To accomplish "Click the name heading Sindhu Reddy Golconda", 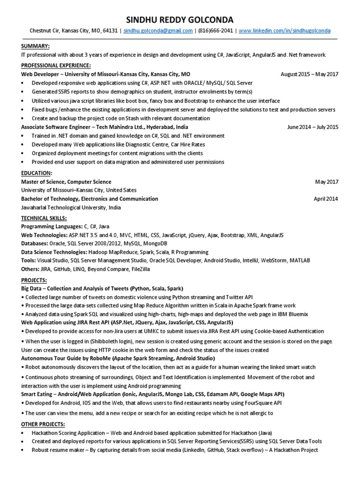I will click(180, 19).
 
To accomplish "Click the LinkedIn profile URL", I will click(284, 31).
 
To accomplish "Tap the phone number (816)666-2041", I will click(216, 31).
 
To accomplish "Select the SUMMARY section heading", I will click(35, 45).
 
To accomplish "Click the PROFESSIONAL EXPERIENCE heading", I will click(56, 65).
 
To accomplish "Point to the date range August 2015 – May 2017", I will click(309, 74).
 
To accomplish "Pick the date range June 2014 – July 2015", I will click(313, 127).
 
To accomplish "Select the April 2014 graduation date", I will click(326, 199).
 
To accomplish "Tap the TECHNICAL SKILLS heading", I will click(44, 218).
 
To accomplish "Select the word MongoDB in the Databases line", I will click(154, 244).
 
